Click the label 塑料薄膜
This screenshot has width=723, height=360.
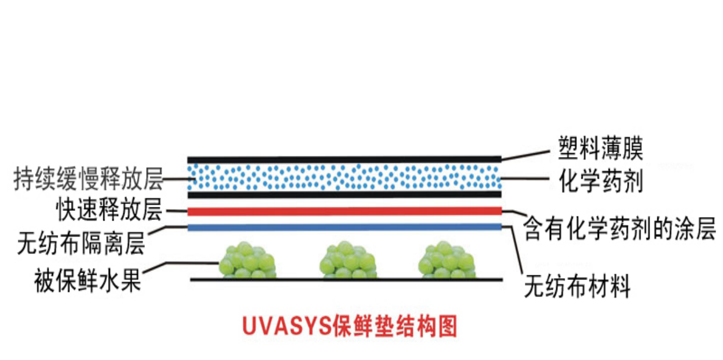601,149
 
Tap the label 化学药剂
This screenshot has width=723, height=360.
601,182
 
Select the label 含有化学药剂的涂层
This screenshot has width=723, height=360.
620,230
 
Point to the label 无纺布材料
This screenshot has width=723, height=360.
577,286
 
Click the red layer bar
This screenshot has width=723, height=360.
345,211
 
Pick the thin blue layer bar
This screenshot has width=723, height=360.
345,227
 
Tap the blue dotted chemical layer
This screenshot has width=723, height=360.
345,177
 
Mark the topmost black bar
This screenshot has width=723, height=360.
345,158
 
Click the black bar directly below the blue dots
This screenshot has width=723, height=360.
345,195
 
